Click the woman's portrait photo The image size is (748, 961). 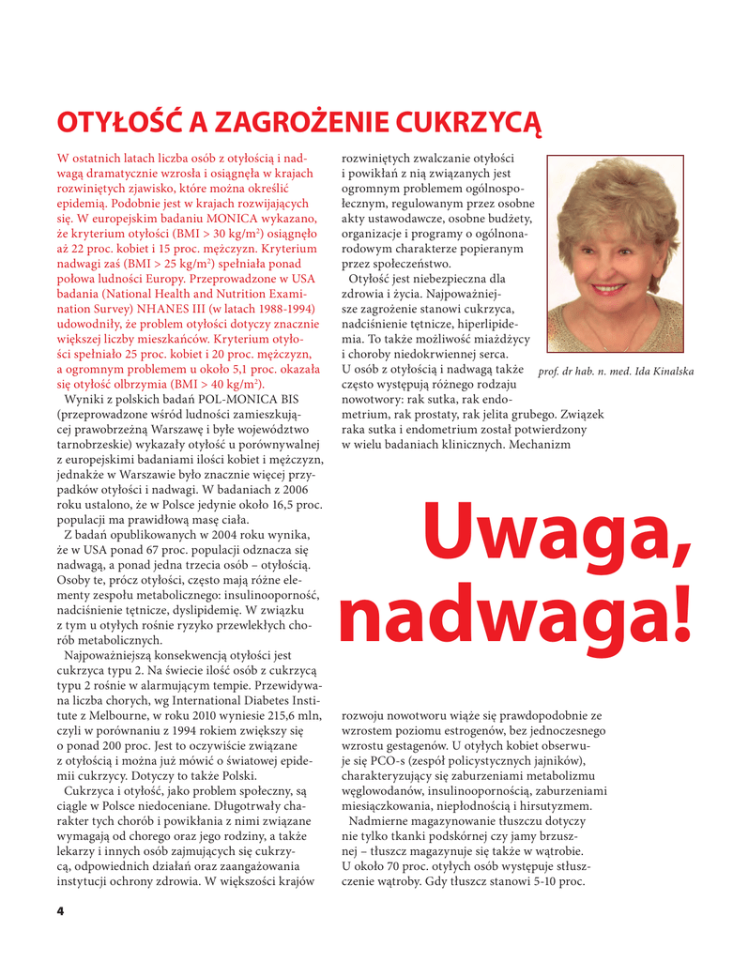(615, 255)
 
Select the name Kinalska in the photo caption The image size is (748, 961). (668, 372)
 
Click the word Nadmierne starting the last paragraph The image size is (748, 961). (384, 821)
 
